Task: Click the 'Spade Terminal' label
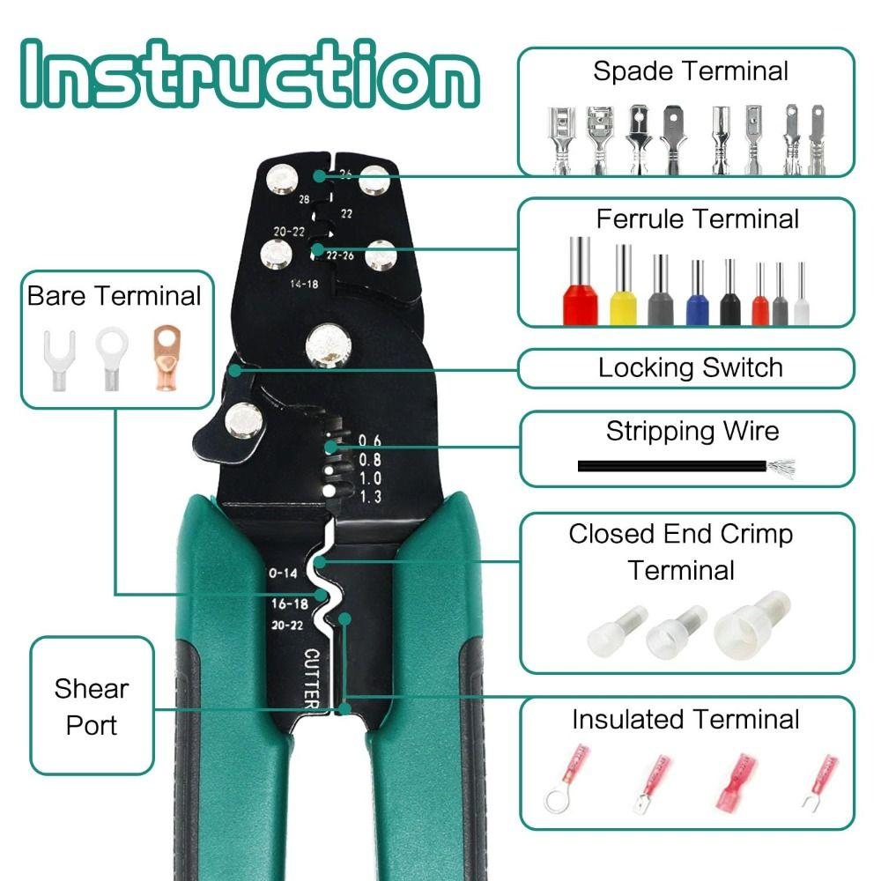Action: (690, 71)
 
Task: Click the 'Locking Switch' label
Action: (690, 367)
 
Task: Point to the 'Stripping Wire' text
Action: (692, 431)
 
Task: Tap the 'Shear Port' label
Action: (92, 707)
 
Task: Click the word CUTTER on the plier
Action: (311, 678)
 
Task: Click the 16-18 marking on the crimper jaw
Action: (289, 603)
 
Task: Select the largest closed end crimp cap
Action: (752, 621)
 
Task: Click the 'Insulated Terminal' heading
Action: (685, 719)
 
